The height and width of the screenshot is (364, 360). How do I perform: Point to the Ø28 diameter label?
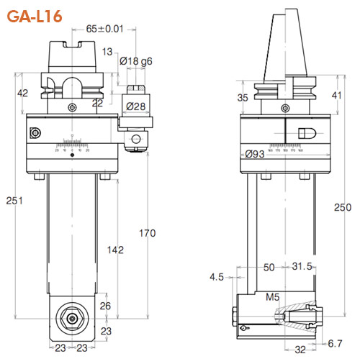137,106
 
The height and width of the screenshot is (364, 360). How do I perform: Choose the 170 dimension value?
147,233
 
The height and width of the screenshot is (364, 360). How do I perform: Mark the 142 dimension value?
114,250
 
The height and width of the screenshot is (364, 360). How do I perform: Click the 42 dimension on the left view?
23,93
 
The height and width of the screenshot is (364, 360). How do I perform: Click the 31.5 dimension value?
301,267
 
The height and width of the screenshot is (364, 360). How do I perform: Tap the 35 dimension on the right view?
242,98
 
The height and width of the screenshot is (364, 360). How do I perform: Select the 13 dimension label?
107,51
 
